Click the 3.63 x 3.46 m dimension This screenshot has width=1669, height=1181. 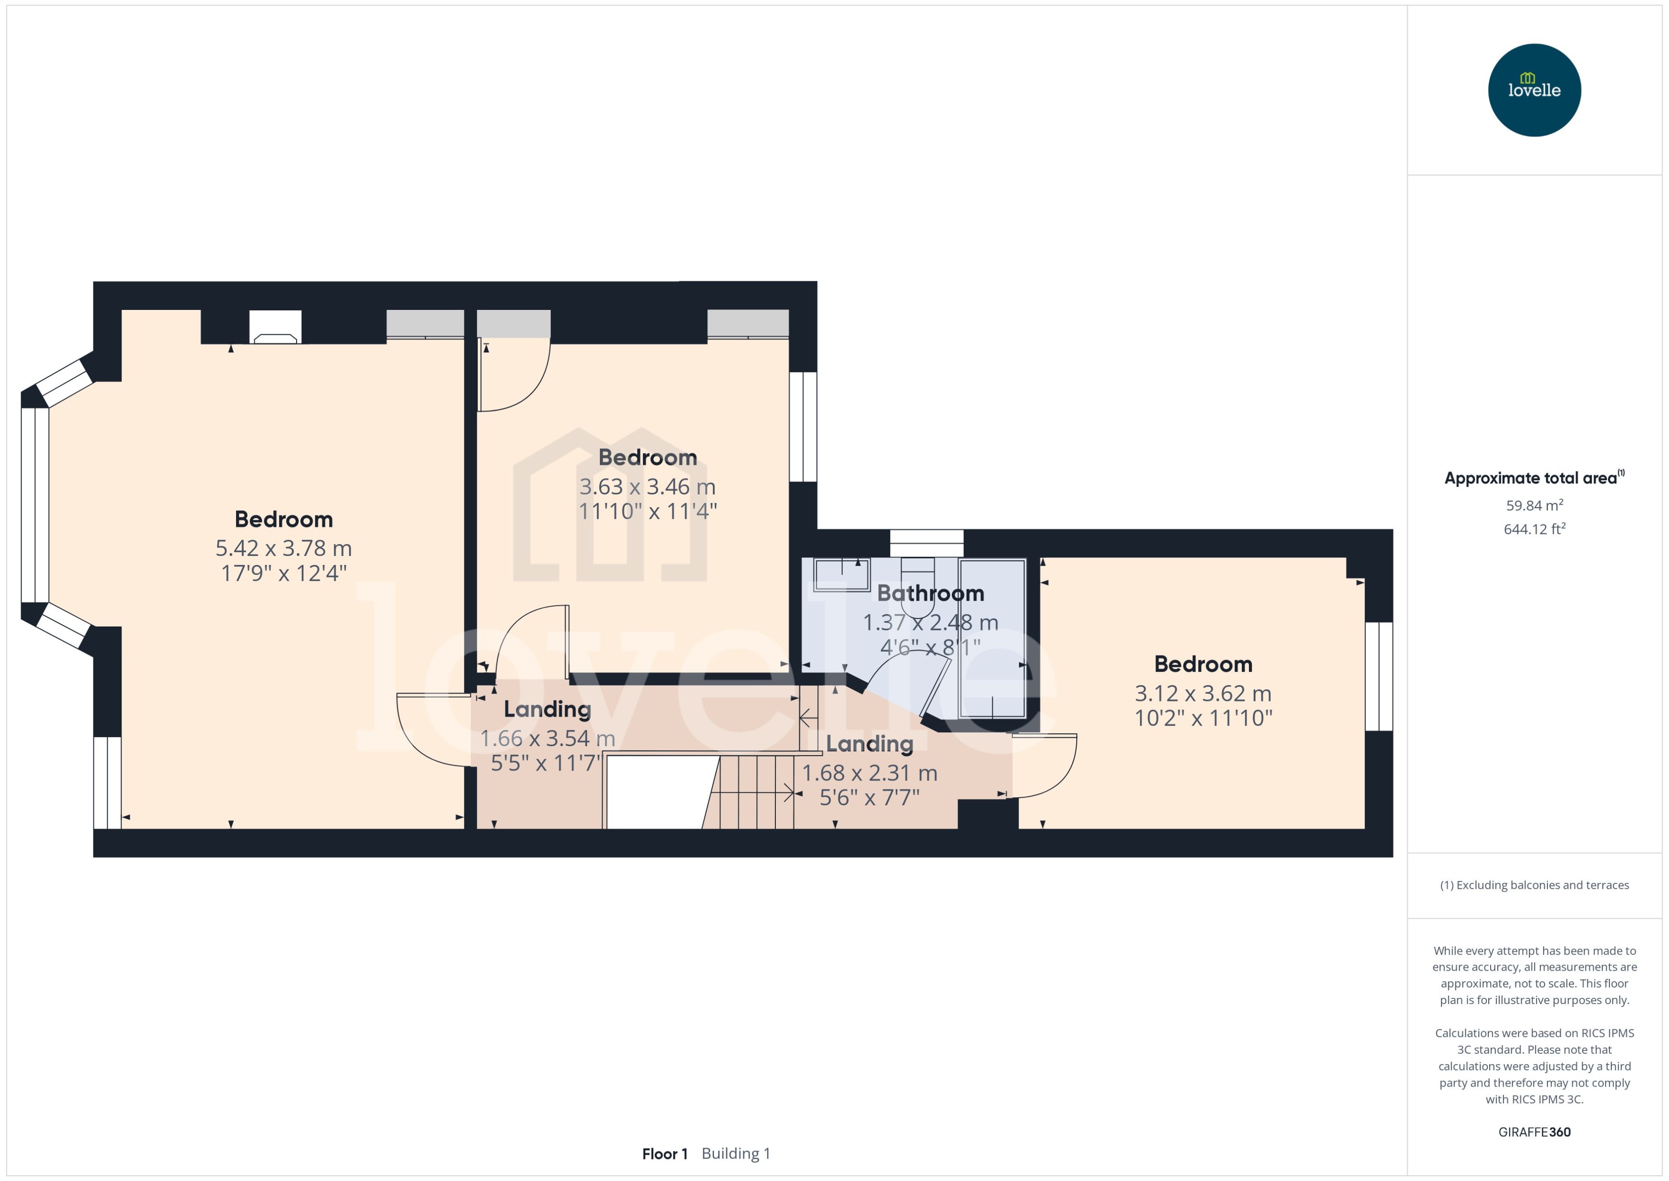pyautogui.click(x=647, y=486)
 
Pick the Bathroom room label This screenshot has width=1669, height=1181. pyautogui.click(x=930, y=594)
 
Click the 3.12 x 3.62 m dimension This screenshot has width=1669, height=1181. pyautogui.click(x=1203, y=694)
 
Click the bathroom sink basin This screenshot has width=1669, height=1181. pyautogui.click(x=841, y=575)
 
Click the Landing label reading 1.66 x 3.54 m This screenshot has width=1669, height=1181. pyautogui.click(x=547, y=710)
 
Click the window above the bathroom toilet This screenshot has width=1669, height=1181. pyautogui.click(x=927, y=543)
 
